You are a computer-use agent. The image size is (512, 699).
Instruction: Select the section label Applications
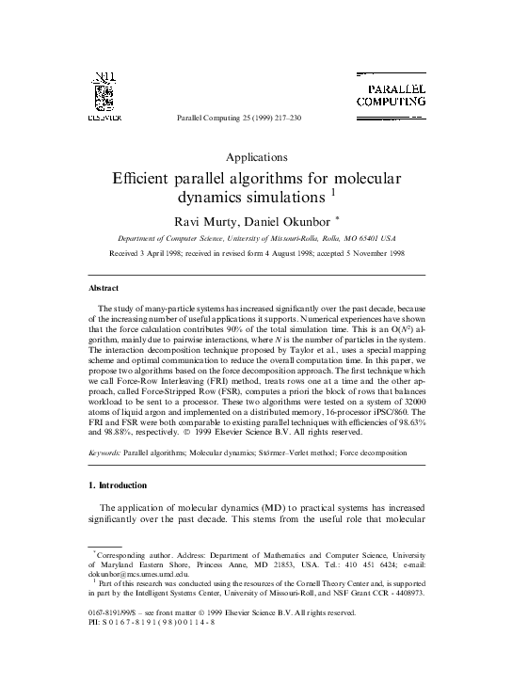point(257,157)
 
